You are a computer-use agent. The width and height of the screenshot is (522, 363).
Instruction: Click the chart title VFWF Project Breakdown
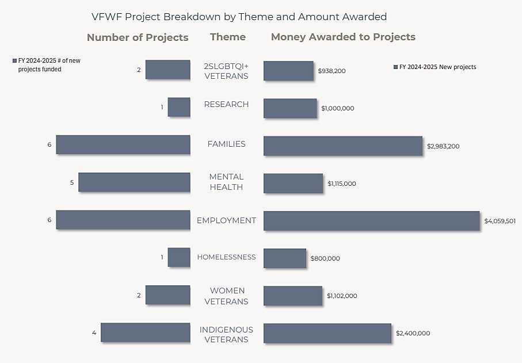pyautogui.click(x=239, y=17)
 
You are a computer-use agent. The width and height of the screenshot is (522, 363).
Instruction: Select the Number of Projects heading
pyautogui.click(x=138, y=37)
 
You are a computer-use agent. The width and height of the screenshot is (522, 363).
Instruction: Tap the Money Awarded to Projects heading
pyautogui.click(x=343, y=37)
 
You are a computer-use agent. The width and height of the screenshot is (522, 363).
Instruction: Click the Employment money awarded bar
pyautogui.click(x=371, y=221)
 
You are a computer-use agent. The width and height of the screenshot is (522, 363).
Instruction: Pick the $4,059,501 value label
pyautogui.click(x=500, y=221)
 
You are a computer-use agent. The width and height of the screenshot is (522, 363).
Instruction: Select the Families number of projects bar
pyautogui.click(x=123, y=144)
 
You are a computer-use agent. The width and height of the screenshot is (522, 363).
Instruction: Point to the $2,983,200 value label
pyautogui.click(x=443, y=146)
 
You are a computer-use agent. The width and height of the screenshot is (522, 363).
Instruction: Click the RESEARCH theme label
pyautogui.click(x=226, y=104)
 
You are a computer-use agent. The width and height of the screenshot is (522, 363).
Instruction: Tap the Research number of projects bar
pyautogui.click(x=179, y=107)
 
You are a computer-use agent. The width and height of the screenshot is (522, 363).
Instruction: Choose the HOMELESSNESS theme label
pyautogui.click(x=226, y=257)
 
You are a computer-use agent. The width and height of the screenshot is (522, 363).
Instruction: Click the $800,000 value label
pyautogui.click(x=325, y=259)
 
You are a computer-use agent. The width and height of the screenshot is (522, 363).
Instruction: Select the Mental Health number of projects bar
pyautogui.click(x=134, y=182)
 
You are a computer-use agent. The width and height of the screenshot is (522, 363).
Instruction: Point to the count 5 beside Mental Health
pyautogui.click(x=72, y=182)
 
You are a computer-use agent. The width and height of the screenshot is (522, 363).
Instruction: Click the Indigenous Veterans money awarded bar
pyautogui.click(x=327, y=333)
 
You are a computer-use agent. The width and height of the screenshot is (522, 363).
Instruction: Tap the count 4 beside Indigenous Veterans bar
pyautogui.click(x=94, y=333)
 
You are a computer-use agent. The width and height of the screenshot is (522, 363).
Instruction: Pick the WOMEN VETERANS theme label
pyautogui.click(x=226, y=296)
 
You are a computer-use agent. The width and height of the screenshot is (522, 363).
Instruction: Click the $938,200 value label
pyautogui.click(x=332, y=71)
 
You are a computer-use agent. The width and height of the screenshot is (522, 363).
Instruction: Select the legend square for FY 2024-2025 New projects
pyautogui.click(x=395, y=67)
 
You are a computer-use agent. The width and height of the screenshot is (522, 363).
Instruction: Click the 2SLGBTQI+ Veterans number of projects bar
pyautogui.click(x=167, y=70)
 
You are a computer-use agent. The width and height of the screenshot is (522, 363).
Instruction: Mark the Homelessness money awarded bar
pyautogui.click(x=285, y=258)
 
